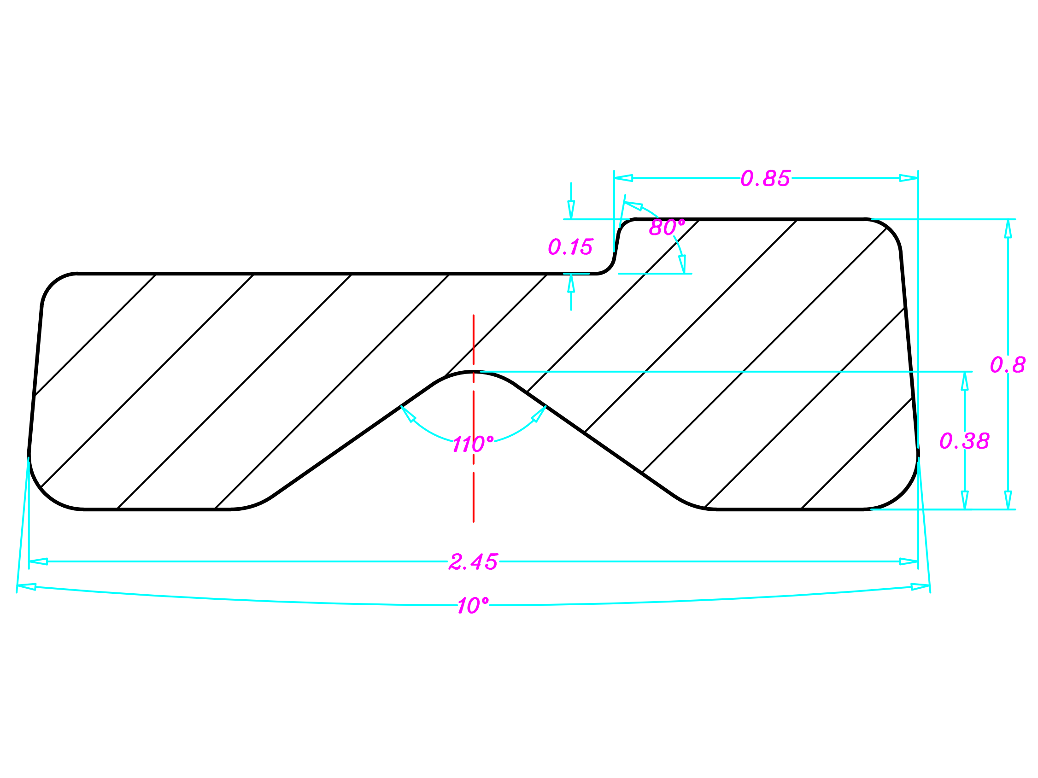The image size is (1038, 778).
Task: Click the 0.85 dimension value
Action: (x=765, y=178)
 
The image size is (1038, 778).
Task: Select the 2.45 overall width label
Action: (x=473, y=562)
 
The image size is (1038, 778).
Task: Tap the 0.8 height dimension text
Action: (x=1008, y=365)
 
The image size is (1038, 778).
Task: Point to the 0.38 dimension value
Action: (x=964, y=441)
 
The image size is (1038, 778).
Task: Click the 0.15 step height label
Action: (x=571, y=247)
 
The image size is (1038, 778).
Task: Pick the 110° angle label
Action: (x=473, y=444)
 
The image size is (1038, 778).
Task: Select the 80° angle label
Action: (x=667, y=228)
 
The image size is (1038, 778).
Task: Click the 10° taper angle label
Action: (x=473, y=605)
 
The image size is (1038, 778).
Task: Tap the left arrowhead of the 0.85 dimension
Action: (x=624, y=178)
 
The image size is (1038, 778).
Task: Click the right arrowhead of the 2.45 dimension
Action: (x=909, y=561)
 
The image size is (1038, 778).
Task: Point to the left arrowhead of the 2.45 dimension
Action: (x=39, y=561)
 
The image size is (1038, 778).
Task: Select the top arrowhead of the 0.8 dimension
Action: (x=1008, y=229)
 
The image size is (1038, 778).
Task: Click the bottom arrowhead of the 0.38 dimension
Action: (x=964, y=500)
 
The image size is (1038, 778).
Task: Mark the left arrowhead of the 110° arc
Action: (x=407, y=413)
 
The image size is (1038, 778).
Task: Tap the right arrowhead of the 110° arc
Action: (x=539, y=413)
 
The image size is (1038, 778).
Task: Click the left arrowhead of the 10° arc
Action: (x=27, y=586)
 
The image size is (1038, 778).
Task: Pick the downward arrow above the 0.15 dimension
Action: (x=571, y=209)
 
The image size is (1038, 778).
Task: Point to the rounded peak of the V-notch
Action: (x=473, y=372)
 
